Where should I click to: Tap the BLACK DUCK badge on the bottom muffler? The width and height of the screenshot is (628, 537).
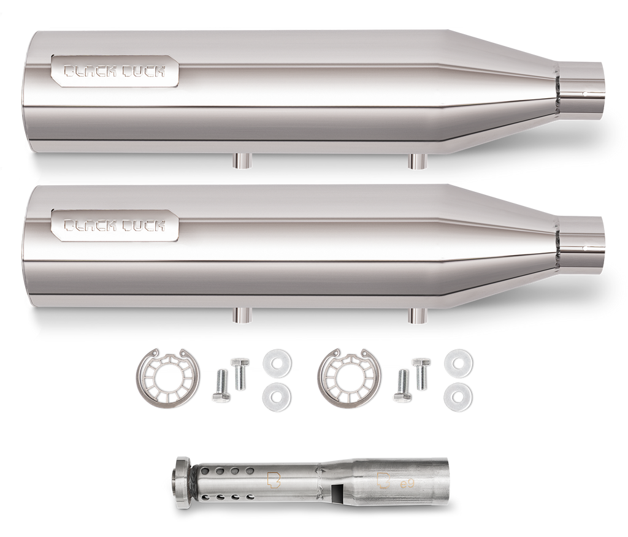pos(115,224)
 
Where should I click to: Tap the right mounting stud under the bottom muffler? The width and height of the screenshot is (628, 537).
pos(418,314)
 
